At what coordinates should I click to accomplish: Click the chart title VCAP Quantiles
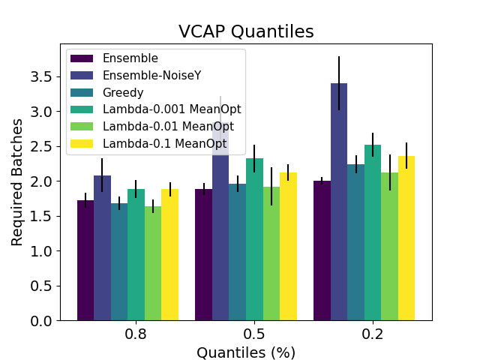coord(245,31)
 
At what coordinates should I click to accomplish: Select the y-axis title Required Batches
coord(18,181)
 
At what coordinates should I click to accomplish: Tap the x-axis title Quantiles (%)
coord(245,352)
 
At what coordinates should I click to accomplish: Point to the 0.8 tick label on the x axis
coord(136,334)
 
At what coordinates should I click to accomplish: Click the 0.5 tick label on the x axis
coord(254,334)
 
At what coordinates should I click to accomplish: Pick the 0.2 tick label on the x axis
coord(372,334)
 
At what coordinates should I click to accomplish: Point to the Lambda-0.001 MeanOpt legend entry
coord(172,109)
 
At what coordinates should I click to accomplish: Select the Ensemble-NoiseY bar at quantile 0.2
coord(339,202)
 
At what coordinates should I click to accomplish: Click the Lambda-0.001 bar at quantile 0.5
coord(254,239)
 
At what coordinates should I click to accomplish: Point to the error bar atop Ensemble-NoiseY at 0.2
coord(339,83)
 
